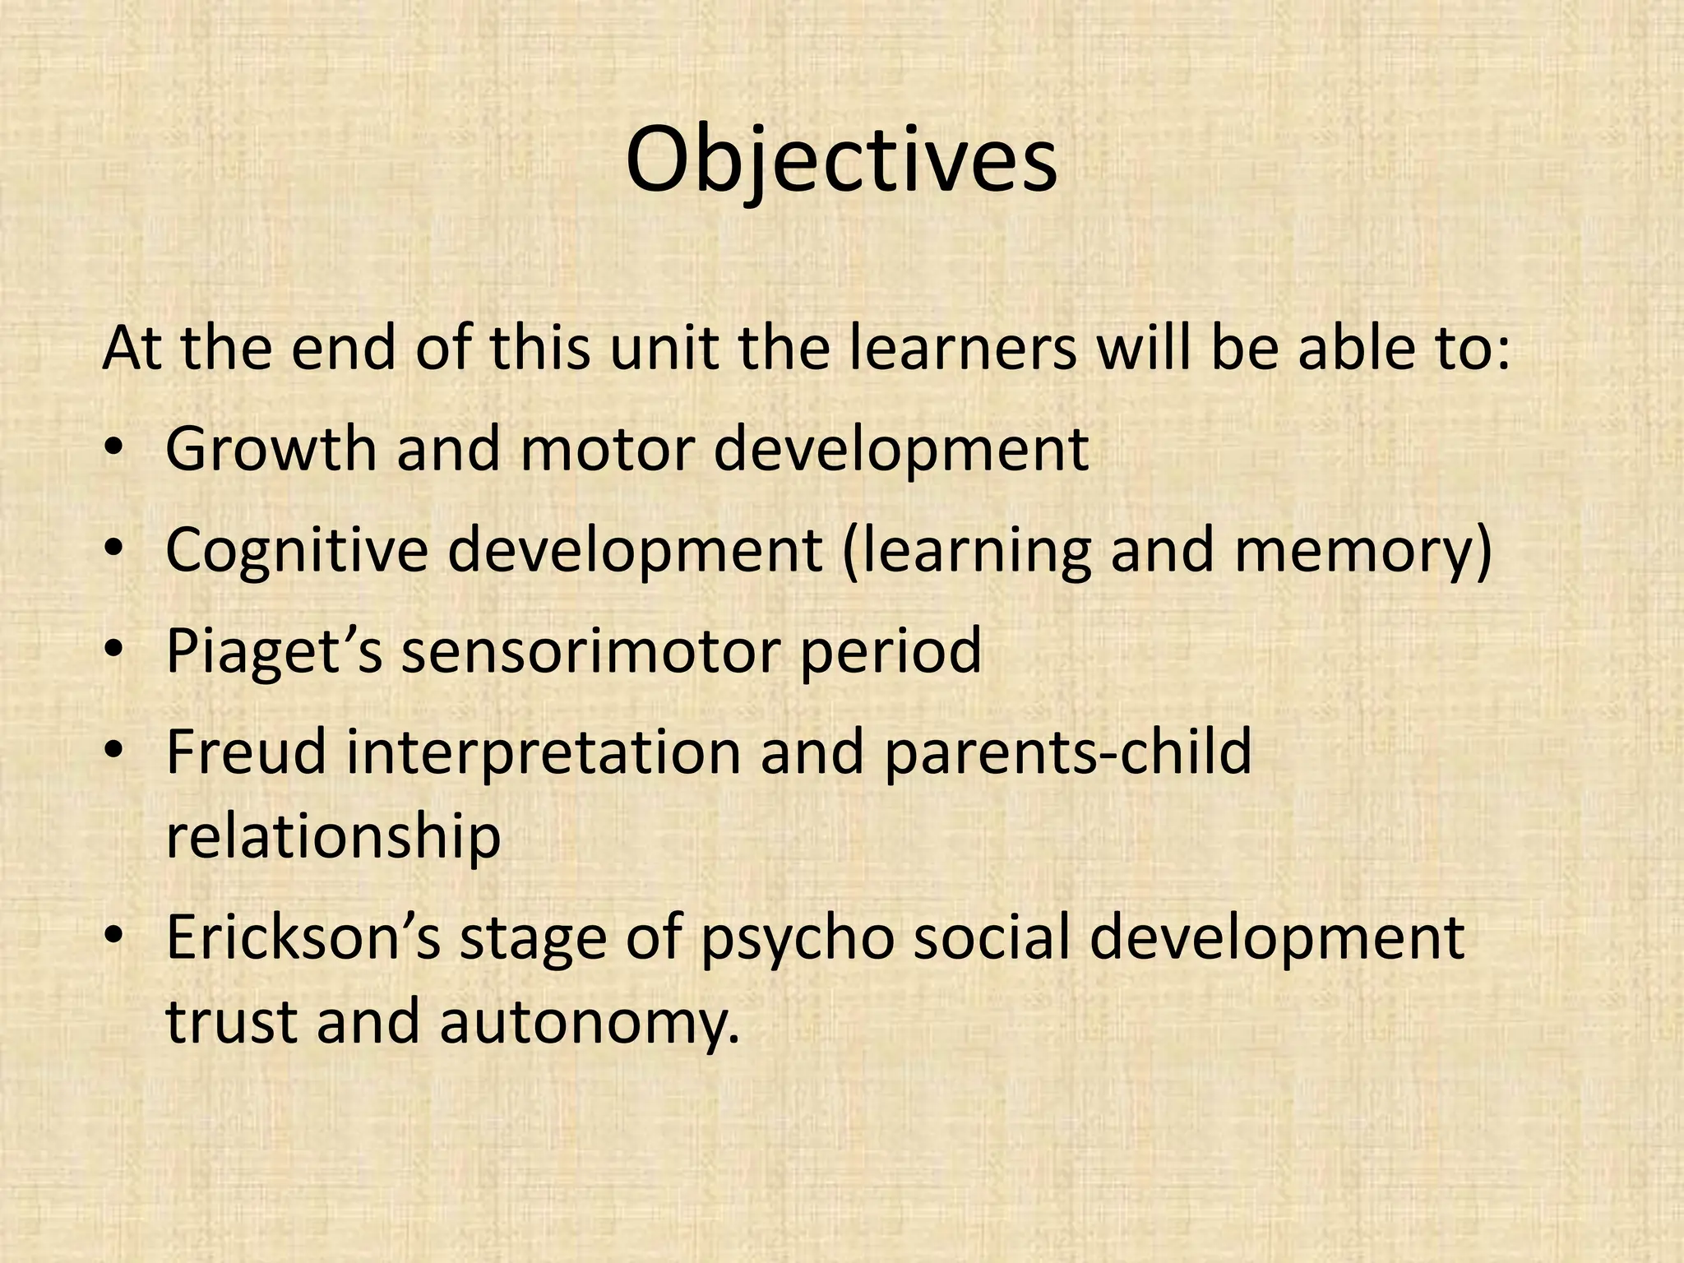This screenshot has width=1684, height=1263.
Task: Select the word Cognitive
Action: coord(297,551)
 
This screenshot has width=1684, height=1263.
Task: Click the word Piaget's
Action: coord(274,650)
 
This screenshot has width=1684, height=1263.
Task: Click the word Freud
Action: coord(246,752)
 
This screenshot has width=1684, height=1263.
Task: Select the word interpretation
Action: coord(544,752)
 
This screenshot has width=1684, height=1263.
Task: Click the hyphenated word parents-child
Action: coord(1066,752)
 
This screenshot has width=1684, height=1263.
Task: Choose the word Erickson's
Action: coord(303,937)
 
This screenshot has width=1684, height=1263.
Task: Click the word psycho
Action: coord(797,937)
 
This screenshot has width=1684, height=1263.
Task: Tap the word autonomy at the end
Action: coord(589,1022)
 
